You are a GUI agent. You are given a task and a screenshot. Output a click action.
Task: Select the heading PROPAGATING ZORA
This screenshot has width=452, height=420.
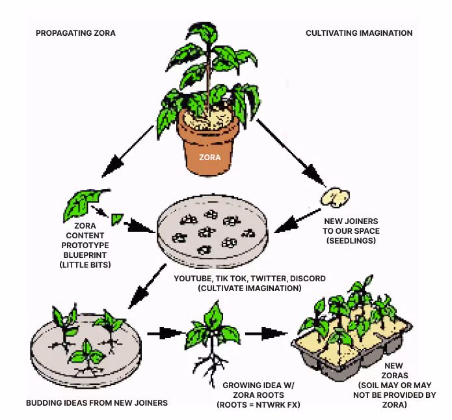[76, 33]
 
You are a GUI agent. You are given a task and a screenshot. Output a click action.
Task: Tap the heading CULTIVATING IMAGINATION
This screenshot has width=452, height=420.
[359, 33]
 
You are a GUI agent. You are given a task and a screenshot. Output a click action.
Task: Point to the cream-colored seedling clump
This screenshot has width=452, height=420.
[336, 195]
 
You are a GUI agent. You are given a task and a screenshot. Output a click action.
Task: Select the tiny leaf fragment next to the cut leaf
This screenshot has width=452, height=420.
[118, 219]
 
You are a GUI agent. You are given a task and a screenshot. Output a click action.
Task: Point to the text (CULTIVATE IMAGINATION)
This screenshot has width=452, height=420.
[250, 288]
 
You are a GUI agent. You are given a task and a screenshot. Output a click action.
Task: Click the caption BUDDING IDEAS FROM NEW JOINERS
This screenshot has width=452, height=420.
[97, 402]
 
